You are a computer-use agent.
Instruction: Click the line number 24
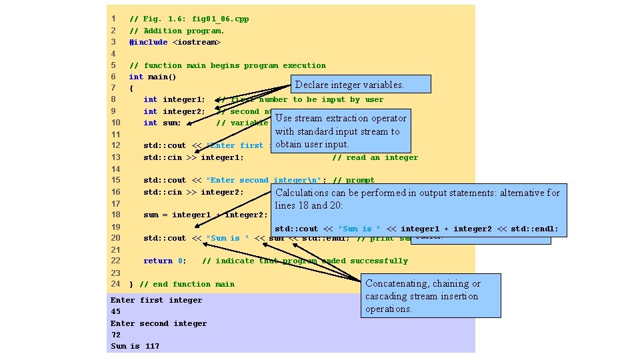pos(115,284)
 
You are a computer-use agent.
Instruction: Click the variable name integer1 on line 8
pos(183,99)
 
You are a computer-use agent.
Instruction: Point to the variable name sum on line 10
pos(172,123)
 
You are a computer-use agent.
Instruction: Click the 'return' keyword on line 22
pos(158,261)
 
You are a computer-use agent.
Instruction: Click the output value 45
pos(116,311)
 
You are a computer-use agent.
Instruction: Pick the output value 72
pos(116,335)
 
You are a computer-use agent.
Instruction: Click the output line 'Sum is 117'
pos(135,346)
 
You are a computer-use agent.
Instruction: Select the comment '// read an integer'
pos(375,157)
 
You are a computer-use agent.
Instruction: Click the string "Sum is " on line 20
pos(227,238)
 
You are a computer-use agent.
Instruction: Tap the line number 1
pos(115,19)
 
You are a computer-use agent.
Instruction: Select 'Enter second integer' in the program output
pos(159,323)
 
